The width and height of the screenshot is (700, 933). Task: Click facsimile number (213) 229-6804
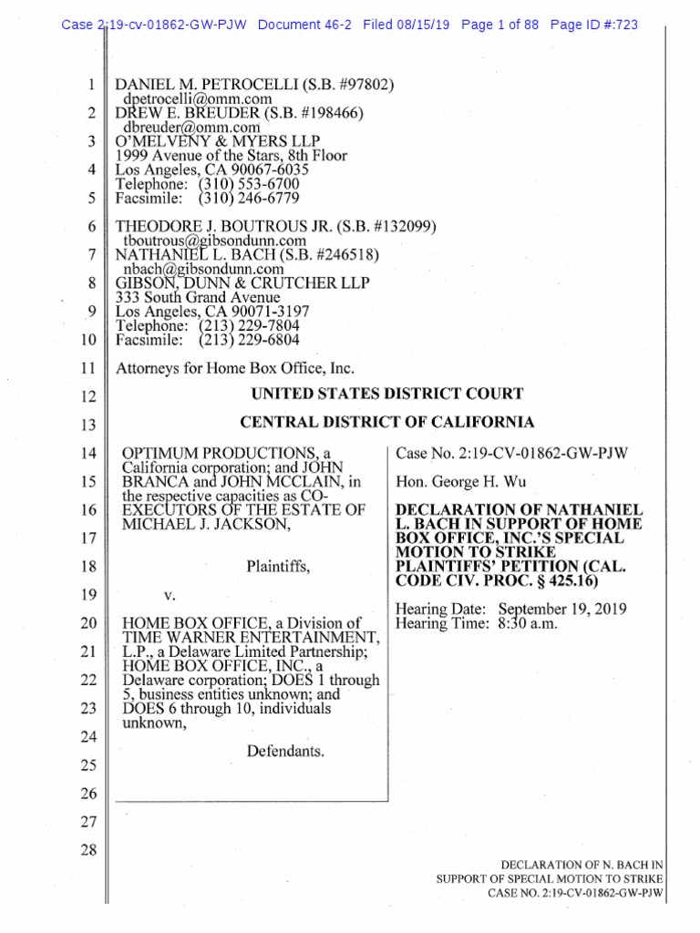point(249,340)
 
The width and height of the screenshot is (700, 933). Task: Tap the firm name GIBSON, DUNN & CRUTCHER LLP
point(242,282)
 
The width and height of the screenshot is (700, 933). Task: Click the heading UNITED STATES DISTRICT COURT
point(386,395)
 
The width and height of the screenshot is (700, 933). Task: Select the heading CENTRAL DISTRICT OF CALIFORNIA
point(386,423)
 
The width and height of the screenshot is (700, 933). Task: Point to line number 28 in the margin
point(87,850)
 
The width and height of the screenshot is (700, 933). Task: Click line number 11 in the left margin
point(87,369)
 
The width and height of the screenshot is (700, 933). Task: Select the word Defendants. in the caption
point(285,752)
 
